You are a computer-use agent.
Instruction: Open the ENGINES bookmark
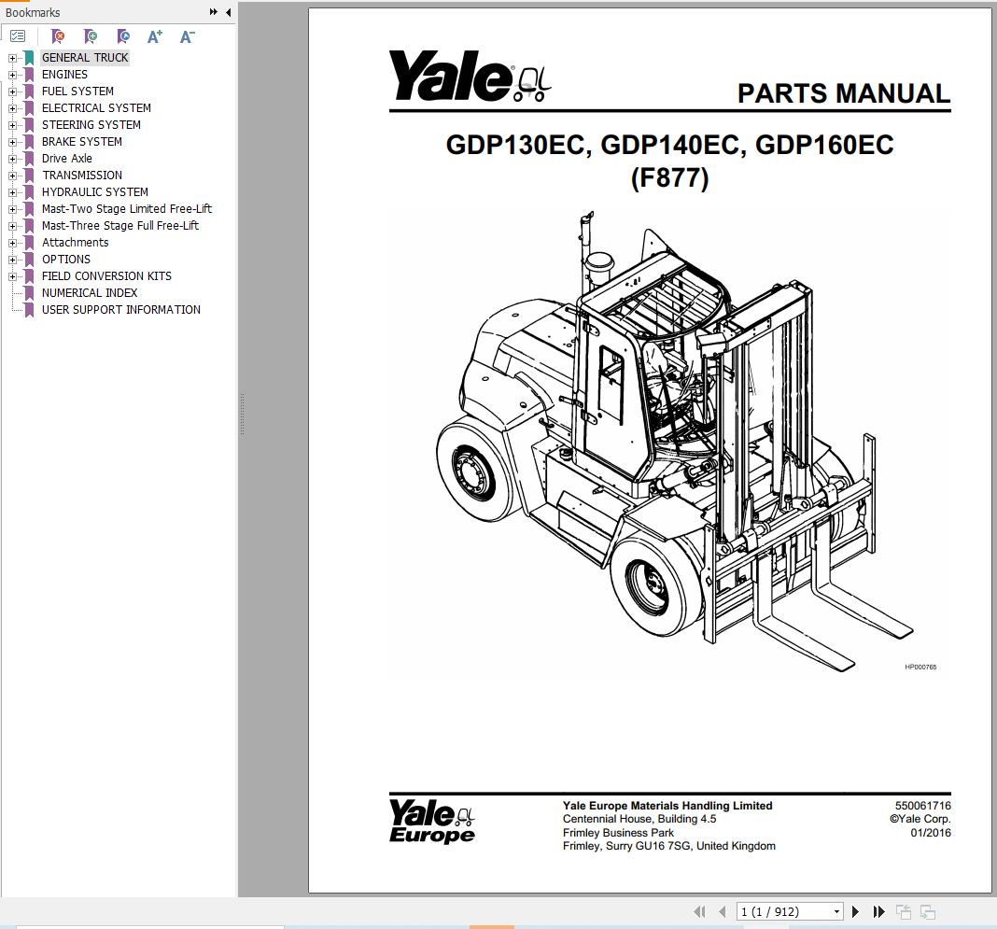[64, 75]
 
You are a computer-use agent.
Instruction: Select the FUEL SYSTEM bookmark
[77, 91]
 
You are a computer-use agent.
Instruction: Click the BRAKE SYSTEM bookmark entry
[81, 142]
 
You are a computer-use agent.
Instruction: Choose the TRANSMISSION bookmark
[81, 176]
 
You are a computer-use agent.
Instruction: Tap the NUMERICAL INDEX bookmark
[89, 293]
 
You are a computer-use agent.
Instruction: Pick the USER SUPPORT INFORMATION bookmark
[120, 310]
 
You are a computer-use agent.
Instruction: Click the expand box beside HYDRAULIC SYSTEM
[13, 192]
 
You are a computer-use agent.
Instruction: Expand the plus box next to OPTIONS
[13, 260]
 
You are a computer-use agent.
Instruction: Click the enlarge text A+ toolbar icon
[155, 36]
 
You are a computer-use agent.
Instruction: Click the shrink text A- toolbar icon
[187, 36]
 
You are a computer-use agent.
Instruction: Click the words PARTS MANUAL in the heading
[843, 93]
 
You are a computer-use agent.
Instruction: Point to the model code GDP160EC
[823, 146]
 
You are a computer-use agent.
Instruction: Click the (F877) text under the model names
[669, 177]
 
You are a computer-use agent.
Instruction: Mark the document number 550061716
[922, 806]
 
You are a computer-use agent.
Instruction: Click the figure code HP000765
[920, 667]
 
